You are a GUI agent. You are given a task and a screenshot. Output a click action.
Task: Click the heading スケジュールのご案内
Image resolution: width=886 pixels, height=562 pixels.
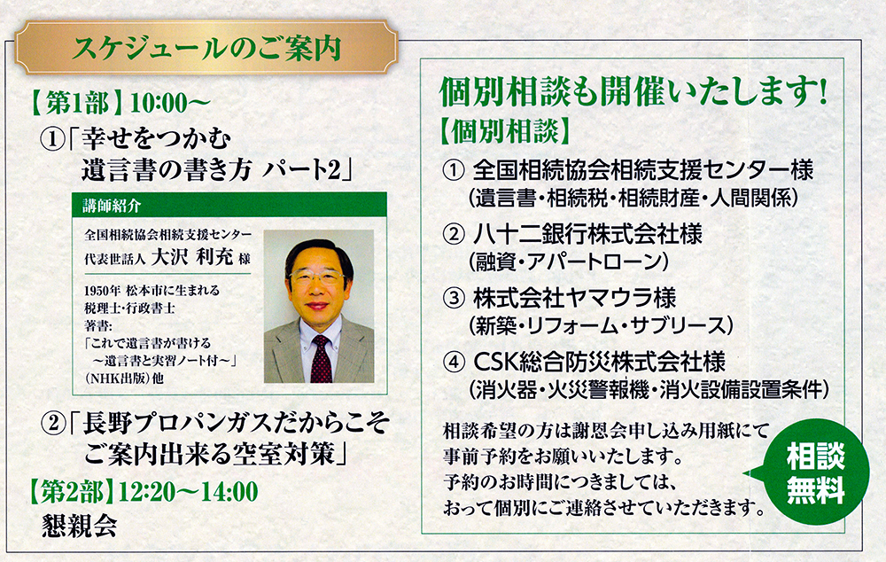click(x=206, y=48)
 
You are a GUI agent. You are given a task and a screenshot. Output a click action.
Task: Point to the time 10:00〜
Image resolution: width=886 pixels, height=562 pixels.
click(x=170, y=104)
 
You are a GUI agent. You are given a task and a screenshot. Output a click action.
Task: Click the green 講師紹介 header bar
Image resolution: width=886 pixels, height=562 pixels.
click(x=229, y=206)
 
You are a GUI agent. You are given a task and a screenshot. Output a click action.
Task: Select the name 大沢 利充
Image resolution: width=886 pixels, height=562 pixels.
click(x=192, y=258)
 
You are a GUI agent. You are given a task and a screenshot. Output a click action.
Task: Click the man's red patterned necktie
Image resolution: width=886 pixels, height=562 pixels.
click(x=322, y=358)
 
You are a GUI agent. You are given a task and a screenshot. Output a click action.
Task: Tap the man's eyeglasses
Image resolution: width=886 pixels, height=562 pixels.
click(x=316, y=278)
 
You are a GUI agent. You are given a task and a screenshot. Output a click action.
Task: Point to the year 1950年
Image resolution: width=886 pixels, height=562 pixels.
click(x=102, y=291)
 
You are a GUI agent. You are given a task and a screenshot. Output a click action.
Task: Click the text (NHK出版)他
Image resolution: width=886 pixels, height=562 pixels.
click(x=124, y=379)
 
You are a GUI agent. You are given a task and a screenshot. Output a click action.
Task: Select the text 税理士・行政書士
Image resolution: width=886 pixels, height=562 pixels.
click(x=129, y=308)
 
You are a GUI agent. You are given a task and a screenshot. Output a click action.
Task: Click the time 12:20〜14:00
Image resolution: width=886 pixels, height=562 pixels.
click(x=189, y=492)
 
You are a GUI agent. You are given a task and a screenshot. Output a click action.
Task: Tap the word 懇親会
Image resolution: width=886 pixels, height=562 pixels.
click(x=80, y=526)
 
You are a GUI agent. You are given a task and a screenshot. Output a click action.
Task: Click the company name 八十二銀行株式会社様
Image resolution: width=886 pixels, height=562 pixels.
click(x=587, y=234)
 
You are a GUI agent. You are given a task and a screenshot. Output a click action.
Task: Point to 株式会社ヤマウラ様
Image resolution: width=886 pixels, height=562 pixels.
click(x=575, y=298)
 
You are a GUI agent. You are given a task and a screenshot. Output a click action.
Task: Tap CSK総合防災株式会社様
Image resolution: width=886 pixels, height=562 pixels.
click(x=600, y=362)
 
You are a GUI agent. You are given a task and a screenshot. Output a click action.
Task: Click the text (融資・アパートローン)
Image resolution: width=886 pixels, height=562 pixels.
click(x=569, y=261)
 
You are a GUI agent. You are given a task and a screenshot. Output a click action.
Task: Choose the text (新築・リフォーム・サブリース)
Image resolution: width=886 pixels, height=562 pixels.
click(x=601, y=325)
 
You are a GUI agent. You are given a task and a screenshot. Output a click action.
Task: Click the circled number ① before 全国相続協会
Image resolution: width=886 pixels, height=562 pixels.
click(x=453, y=171)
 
